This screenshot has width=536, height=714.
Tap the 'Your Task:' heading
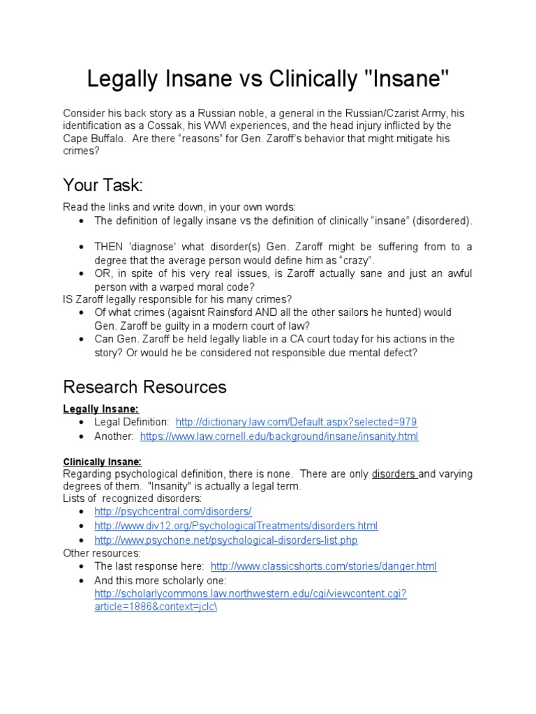[x=103, y=185]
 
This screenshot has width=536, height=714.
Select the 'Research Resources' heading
[x=144, y=386]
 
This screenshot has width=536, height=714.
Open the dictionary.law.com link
[x=296, y=422]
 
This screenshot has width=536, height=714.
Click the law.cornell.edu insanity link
[x=279, y=436]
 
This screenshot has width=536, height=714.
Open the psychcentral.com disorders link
[x=172, y=511]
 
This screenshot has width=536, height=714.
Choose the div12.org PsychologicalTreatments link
[x=236, y=526]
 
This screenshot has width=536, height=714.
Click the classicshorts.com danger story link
[x=323, y=566]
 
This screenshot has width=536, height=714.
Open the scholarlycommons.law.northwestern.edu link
[x=250, y=593]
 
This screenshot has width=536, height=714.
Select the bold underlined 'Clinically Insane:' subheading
[x=103, y=461]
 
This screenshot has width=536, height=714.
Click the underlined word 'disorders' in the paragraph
[x=394, y=474]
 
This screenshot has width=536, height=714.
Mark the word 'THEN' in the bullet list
[x=110, y=247]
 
